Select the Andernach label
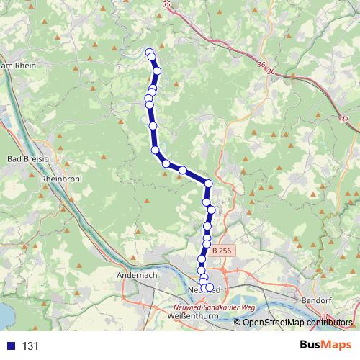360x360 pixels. point(136,275)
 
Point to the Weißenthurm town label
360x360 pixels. point(187,315)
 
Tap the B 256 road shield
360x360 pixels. point(222,249)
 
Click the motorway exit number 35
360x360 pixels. point(168,4)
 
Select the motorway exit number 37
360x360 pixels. point(343,119)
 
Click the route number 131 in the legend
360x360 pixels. point(31,346)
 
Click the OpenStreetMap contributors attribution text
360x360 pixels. point(297,323)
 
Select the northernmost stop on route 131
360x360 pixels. point(150,52)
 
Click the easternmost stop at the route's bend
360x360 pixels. point(208,184)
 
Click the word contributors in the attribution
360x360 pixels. point(330,323)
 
